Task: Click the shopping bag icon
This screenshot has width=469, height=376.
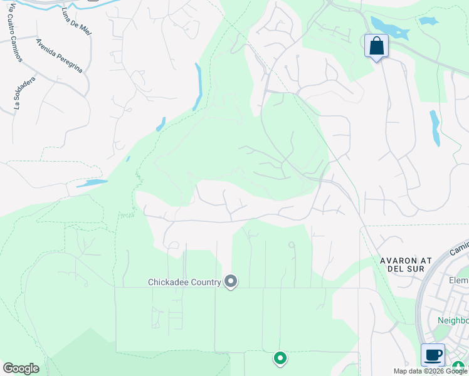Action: pyautogui.click(x=376, y=46)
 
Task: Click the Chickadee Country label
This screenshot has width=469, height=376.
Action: pyautogui.click(x=184, y=282)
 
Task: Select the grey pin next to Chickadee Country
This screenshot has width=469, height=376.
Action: pyautogui.click(x=231, y=282)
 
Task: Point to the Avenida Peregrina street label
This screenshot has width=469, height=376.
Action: pyautogui.click(x=59, y=55)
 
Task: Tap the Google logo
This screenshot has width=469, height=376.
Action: pyautogui.click(x=21, y=368)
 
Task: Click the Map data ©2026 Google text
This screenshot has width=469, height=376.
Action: pyautogui.click(x=430, y=371)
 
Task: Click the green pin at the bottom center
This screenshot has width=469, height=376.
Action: pyautogui.click(x=280, y=358)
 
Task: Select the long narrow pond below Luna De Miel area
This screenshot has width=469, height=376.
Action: pyautogui.click(x=198, y=86)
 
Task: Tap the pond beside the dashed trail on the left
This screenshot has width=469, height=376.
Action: pyautogui.click(x=92, y=184)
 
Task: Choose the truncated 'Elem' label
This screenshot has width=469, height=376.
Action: pyautogui.click(x=459, y=280)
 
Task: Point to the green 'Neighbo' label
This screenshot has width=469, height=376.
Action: pyautogui.click(x=453, y=320)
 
